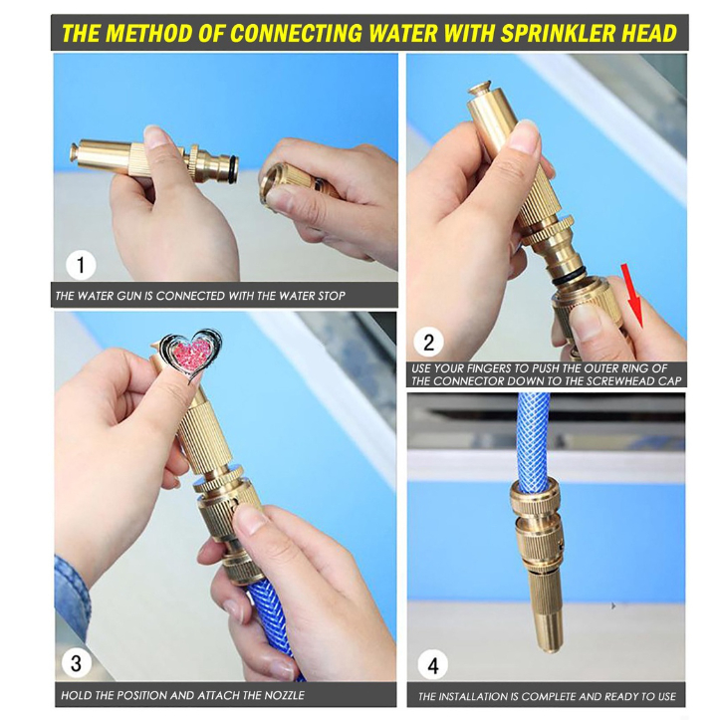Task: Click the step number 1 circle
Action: tap(81, 265)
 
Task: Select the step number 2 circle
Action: tap(428, 343)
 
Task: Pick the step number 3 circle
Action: tap(76, 663)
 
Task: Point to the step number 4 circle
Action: tap(433, 665)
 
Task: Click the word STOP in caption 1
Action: tap(331, 296)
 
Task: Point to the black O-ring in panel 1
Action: tap(233, 170)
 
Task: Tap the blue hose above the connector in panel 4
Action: tap(534, 437)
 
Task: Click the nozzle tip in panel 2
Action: tap(479, 90)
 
